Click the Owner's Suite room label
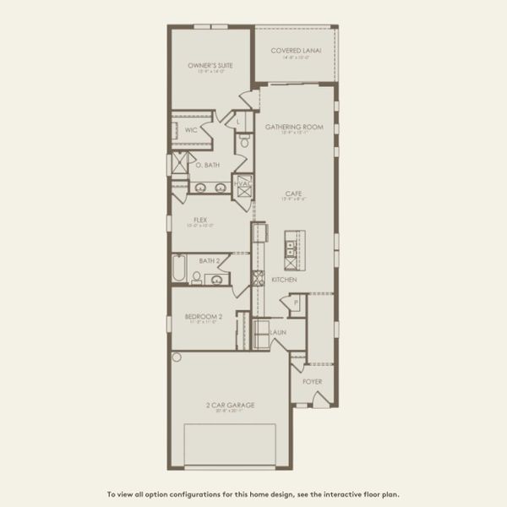(x=210, y=65)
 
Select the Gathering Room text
(x=284, y=128)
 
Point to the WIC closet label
(x=191, y=130)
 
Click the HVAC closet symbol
(x=243, y=188)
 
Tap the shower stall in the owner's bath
(x=179, y=164)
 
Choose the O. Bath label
(x=208, y=166)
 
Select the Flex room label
(x=200, y=220)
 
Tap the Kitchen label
(x=284, y=279)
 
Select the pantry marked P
(x=296, y=303)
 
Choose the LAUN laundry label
(x=278, y=332)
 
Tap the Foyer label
(x=313, y=381)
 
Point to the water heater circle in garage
(x=177, y=357)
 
